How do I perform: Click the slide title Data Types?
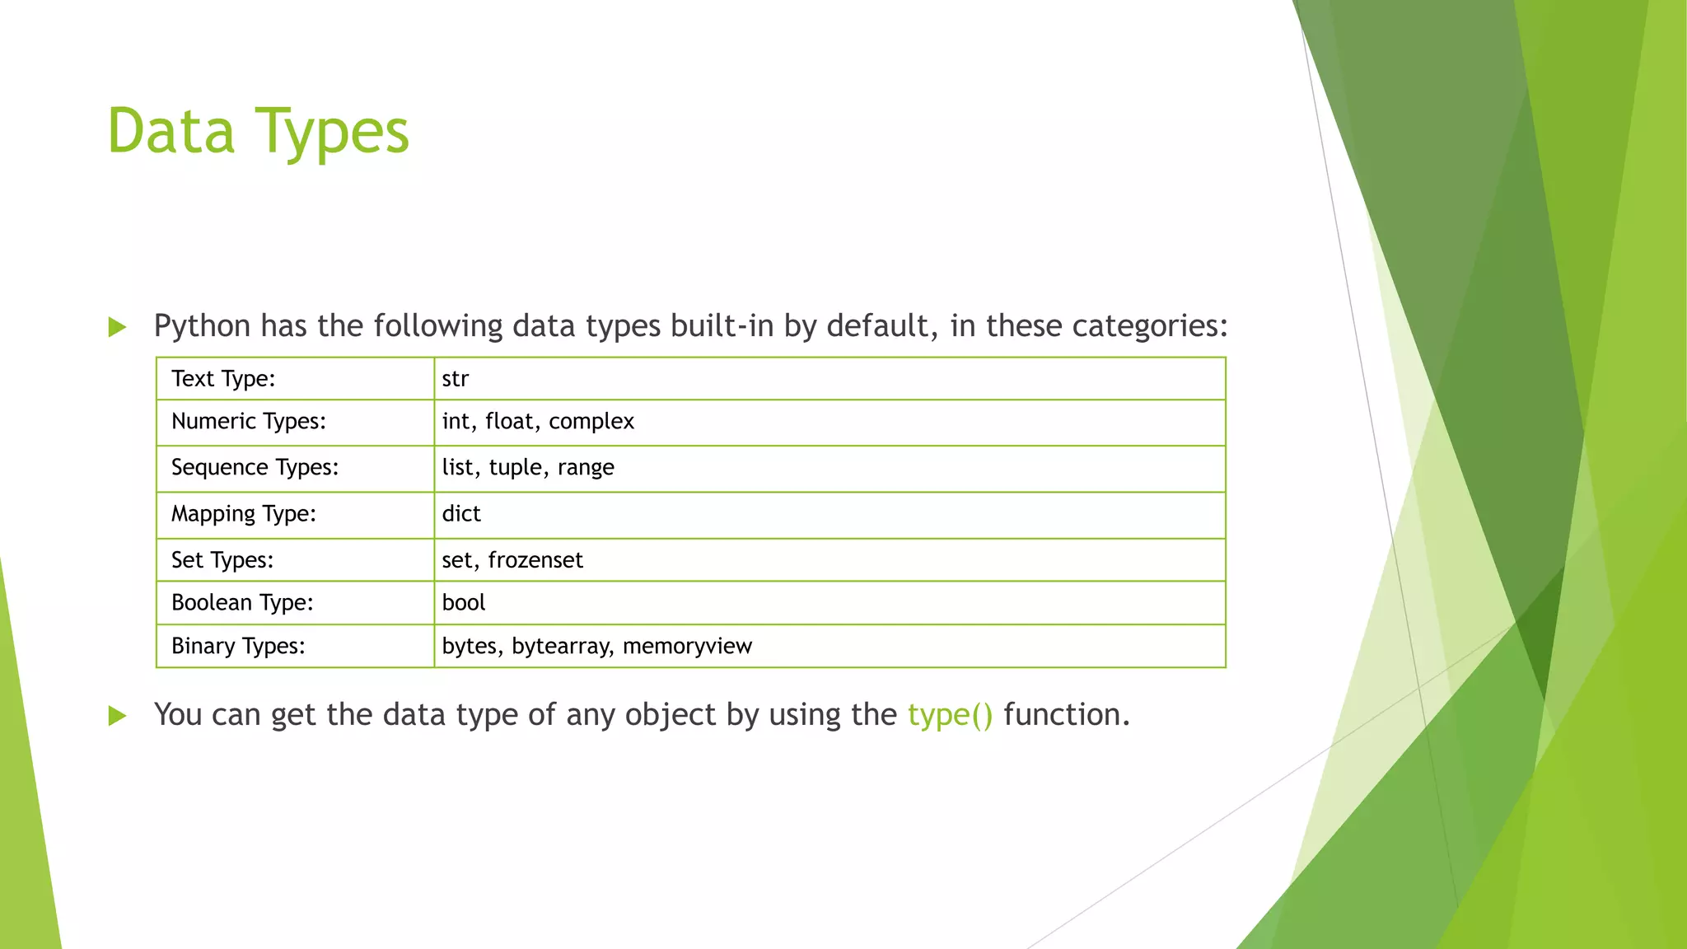258,132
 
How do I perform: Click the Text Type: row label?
223,379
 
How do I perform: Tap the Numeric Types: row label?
248,422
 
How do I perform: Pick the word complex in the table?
591,422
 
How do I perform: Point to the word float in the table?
510,422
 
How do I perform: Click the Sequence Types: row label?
255,468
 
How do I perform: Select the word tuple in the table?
516,468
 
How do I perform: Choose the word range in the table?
586,468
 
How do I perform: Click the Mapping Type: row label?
243,514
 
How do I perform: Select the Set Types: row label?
222,560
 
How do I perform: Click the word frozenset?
535,560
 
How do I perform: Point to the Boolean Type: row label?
242,603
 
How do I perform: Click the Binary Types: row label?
238,646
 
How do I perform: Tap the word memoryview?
687,646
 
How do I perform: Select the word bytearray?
561,646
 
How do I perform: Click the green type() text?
950,715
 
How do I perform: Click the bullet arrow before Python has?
117,328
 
